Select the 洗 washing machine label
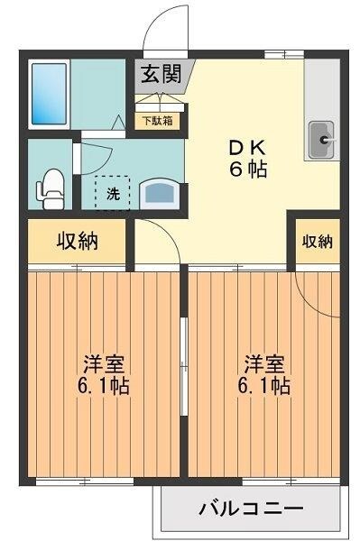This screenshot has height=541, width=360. click(114, 192)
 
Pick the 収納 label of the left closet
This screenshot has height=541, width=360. click(78, 241)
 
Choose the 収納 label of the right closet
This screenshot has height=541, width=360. click(317, 241)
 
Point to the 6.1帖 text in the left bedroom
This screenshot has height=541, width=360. click(104, 388)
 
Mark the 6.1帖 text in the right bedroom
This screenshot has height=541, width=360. click(264, 388)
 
